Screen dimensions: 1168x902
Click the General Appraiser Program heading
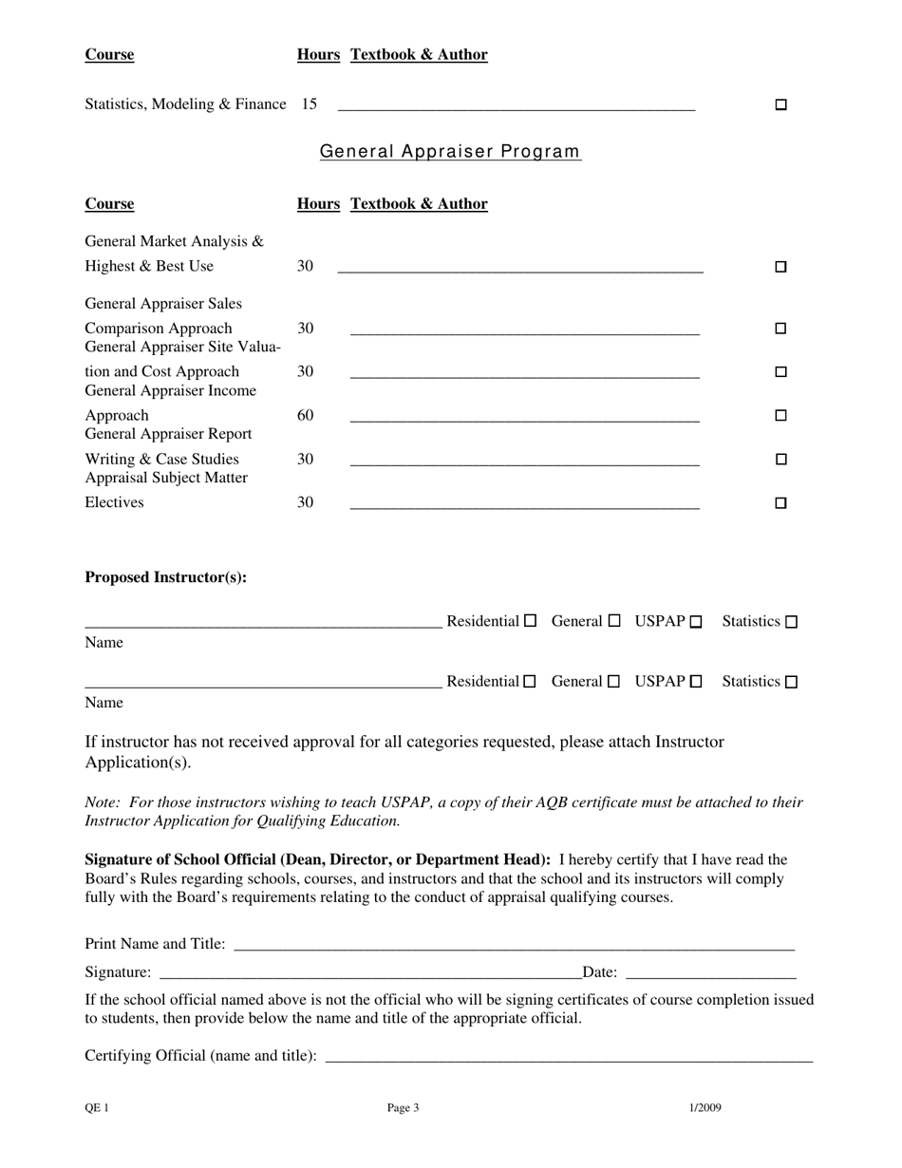(450, 151)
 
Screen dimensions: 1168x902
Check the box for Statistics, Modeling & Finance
(781, 104)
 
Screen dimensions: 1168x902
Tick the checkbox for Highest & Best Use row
(781, 267)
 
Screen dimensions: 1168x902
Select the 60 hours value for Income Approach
(305, 415)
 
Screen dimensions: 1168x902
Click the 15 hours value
(309, 104)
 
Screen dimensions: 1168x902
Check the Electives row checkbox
(781, 503)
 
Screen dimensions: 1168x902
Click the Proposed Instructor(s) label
(166, 577)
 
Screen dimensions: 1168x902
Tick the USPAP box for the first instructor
(696, 622)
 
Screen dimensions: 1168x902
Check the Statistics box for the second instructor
(792, 682)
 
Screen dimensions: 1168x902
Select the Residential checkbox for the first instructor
(531, 621)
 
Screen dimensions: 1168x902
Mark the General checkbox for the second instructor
(613, 681)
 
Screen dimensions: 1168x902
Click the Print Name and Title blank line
(513, 946)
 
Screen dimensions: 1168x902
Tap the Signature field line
(370, 973)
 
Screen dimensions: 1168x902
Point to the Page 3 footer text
(403, 1107)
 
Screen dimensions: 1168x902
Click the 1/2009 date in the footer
(705, 1107)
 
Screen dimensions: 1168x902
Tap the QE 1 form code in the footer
(97, 1107)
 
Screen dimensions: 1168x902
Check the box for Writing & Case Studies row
(781, 460)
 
